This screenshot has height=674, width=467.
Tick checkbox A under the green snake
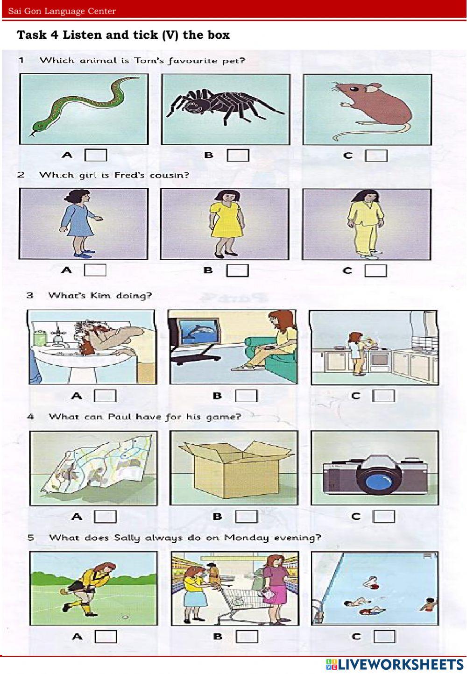pyautogui.click(x=96, y=155)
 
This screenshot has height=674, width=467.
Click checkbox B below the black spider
pyautogui.click(x=238, y=155)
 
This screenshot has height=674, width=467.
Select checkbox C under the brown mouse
pyautogui.click(x=376, y=156)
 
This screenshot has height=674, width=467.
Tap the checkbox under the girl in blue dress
pyautogui.click(x=95, y=270)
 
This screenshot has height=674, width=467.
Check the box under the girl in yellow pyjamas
pyautogui.click(x=375, y=270)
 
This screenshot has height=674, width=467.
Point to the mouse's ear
pyautogui.click(x=373, y=88)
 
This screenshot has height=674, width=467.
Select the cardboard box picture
pyautogui.click(x=234, y=468)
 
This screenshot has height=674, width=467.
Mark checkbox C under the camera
pyautogui.click(x=384, y=516)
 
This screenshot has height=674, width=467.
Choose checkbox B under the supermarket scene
pyautogui.click(x=247, y=636)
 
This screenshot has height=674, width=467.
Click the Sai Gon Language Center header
pyautogui.click(x=62, y=11)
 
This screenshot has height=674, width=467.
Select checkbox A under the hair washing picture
pyautogui.click(x=105, y=395)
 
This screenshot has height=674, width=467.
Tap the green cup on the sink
pyautogui.click(x=39, y=337)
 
